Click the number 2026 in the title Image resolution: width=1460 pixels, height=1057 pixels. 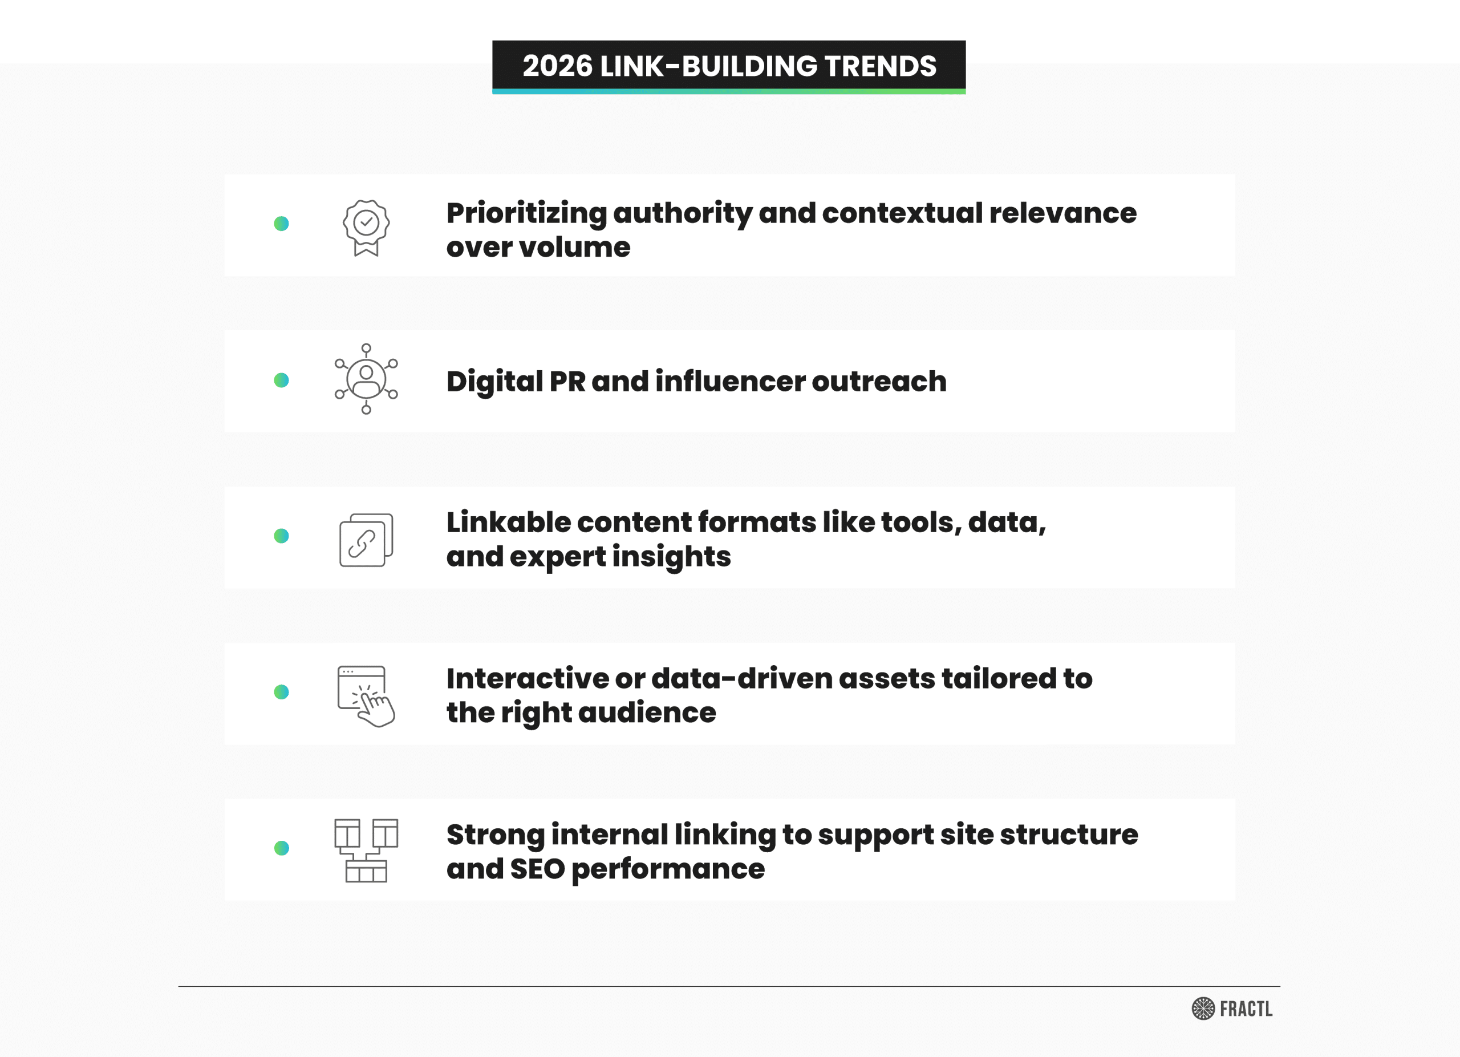click(x=557, y=66)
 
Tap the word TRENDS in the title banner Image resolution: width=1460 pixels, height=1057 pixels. click(x=881, y=66)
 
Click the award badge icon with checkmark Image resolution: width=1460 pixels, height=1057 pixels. click(x=366, y=228)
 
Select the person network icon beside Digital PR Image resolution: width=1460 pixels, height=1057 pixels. click(x=366, y=379)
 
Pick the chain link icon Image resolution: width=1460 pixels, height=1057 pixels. click(x=366, y=540)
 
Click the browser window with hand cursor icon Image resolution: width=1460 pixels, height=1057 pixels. click(x=366, y=696)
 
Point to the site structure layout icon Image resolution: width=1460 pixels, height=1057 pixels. click(x=366, y=851)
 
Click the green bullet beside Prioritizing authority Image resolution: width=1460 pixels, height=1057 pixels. click(x=281, y=224)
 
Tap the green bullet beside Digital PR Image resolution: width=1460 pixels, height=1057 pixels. click(x=281, y=380)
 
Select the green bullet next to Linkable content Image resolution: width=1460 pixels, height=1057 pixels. click(x=281, y=536)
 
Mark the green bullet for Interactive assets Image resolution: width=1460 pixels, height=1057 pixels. click(x=281, y=692)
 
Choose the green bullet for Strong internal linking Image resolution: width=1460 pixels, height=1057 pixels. click(x=281, y=848)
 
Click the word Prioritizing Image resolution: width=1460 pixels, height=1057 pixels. click(x=526, y=214)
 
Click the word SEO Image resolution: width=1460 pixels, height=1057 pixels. click(x=538, y=869)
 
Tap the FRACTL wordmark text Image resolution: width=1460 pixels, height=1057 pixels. click(x=1246, y=1009)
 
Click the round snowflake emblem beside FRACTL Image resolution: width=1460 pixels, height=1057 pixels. click(x=1203, y=1009)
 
